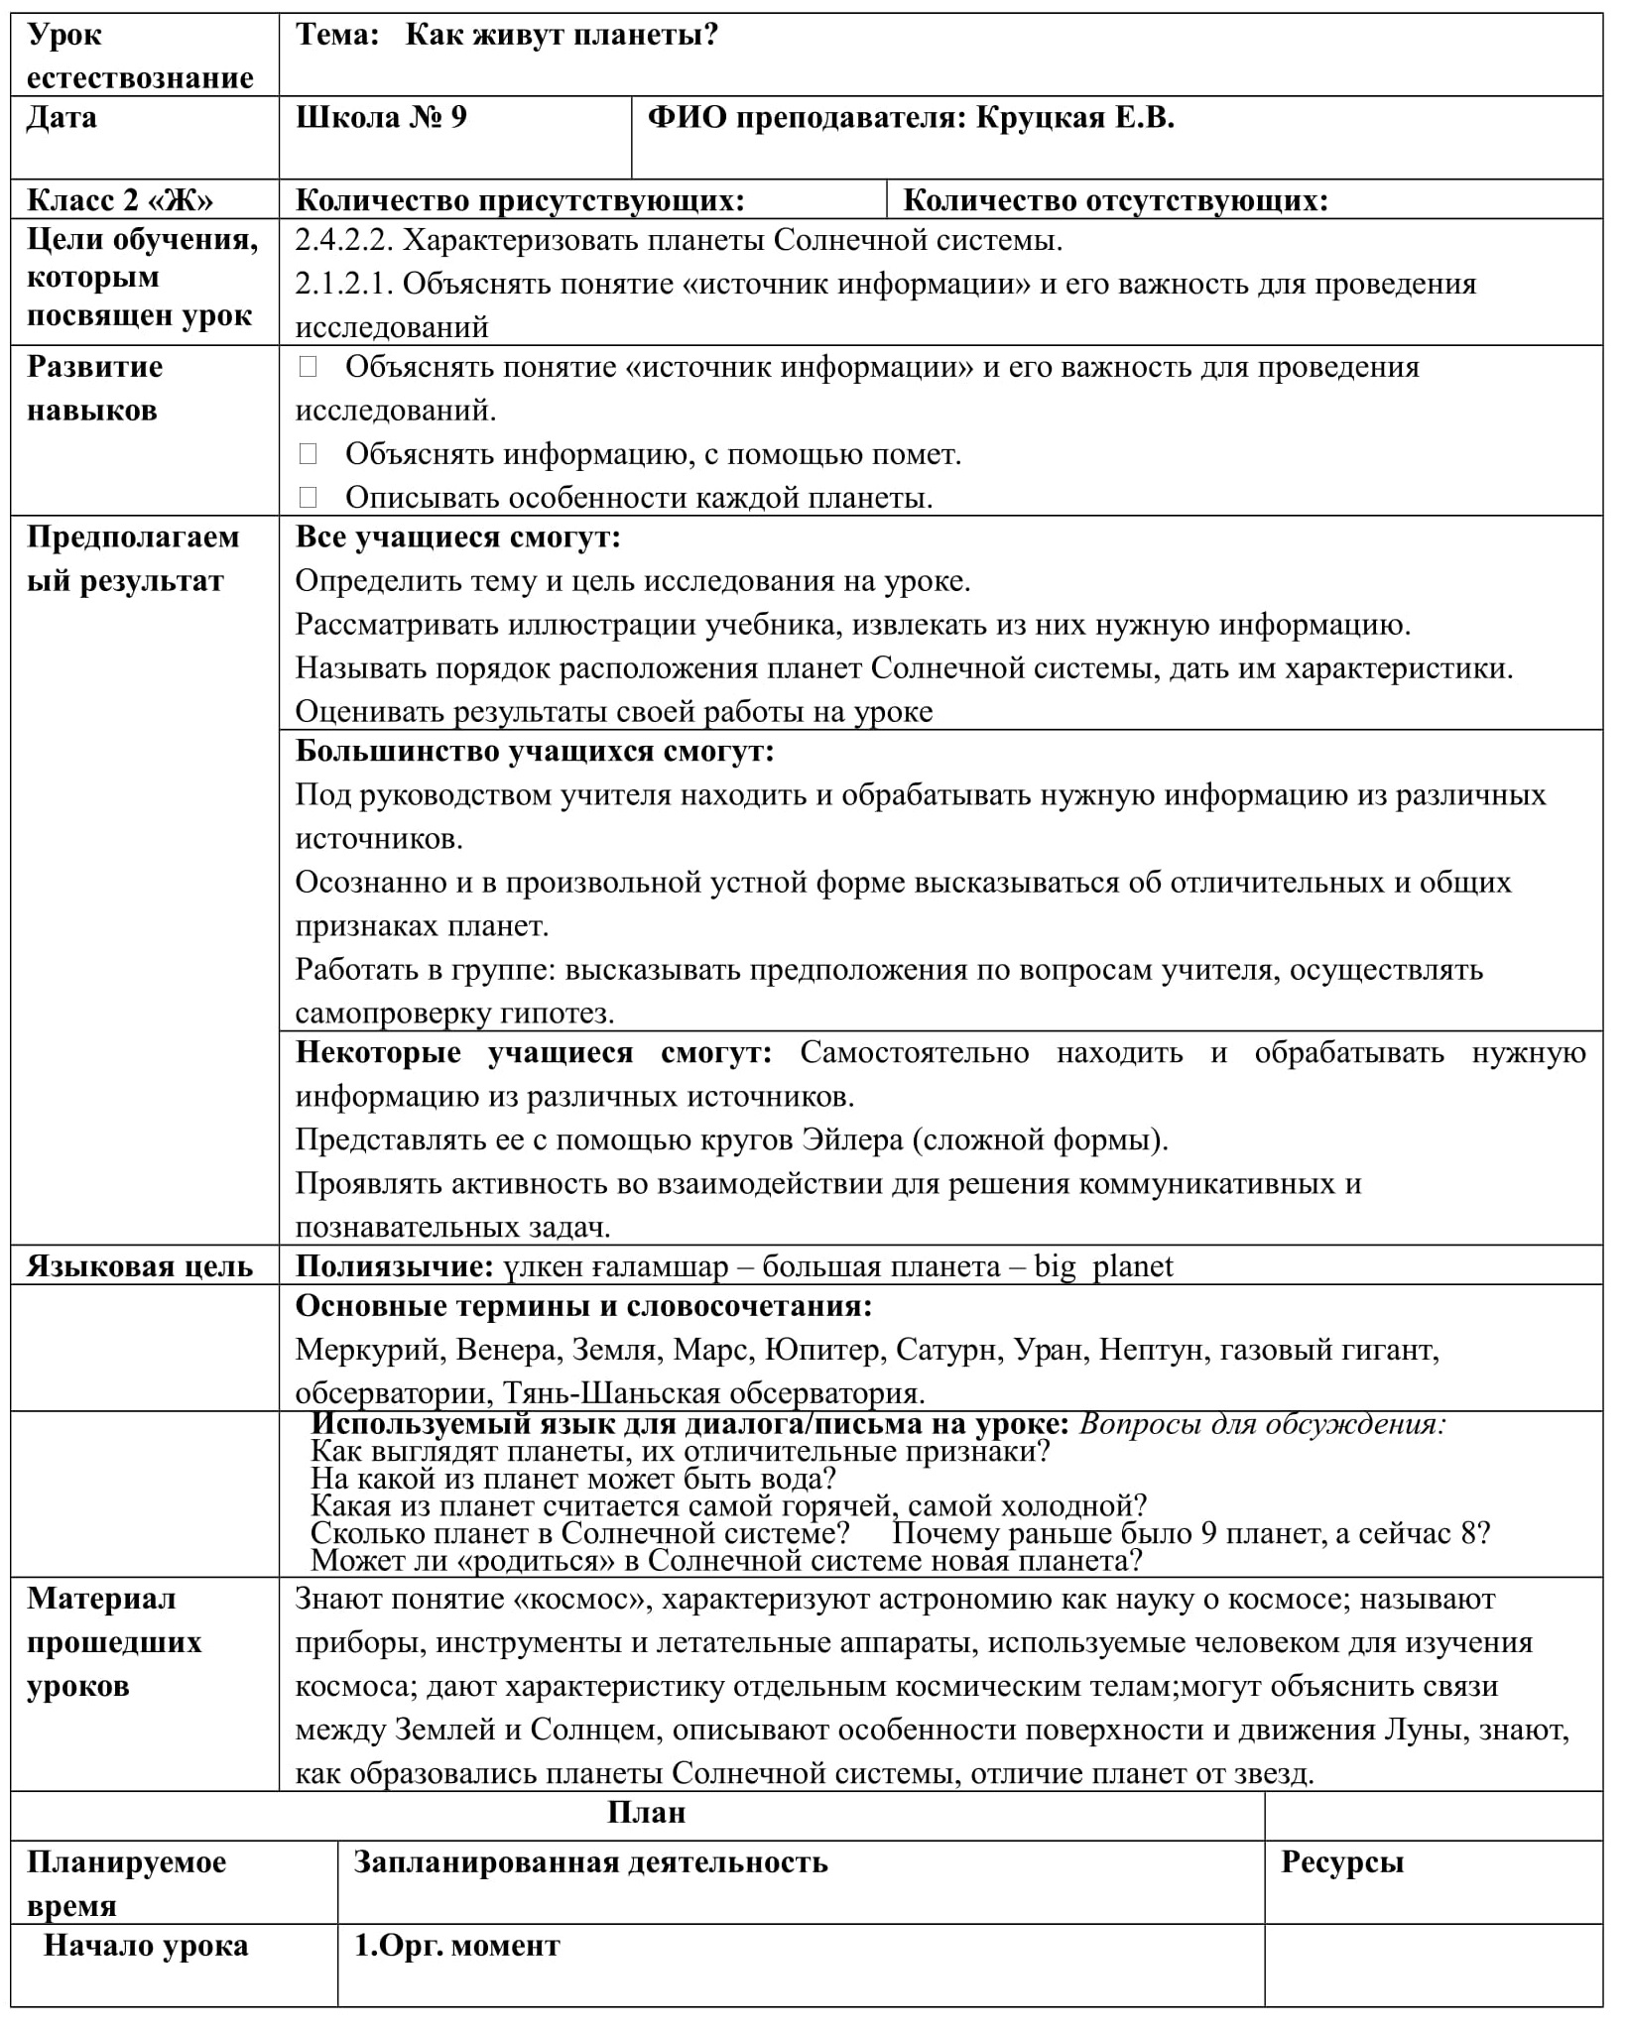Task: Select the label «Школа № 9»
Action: click(381, 118)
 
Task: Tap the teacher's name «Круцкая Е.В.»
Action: click(1075, 118)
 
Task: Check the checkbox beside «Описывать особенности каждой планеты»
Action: click(308, 497)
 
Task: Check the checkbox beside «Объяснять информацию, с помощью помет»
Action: click(308, 454)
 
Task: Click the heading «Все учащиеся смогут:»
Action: click(457, 538)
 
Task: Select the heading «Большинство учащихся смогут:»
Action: click(535, 751)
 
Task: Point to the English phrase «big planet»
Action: click(1103, 1266)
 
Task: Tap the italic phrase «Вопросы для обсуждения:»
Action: click(1263, 1425)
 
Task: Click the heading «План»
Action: click(646, 1814)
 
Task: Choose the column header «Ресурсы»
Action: click(1342, 1862)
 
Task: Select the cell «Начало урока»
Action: click(146, 1946)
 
